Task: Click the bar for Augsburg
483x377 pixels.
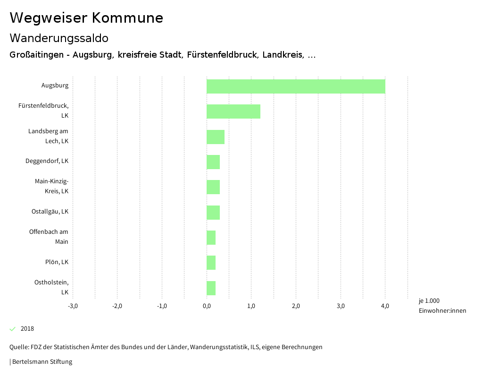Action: point(296,86)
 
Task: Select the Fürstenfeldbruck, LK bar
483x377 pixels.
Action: point(233,111)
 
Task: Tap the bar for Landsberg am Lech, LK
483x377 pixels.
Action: point(216,137)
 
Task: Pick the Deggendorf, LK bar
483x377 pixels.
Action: point(213,162)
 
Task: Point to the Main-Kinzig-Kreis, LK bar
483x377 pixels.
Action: point(213,187)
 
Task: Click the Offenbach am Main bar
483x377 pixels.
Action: point(211,238)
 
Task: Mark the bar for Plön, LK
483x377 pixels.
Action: point(211,263)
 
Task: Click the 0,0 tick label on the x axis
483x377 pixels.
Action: point(207,306)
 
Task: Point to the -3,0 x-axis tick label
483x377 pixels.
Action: point(73,306)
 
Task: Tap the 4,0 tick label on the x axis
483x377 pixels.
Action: point(385,306)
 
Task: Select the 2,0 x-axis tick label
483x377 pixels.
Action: point(296,306)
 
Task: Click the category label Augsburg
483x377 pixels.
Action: point(55,86)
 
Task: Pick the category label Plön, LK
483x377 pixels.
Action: point(57,262)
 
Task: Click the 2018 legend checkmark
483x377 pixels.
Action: point(13,329)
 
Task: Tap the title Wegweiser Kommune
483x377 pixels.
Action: point(86,18)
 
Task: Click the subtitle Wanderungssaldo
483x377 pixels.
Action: point(59,38)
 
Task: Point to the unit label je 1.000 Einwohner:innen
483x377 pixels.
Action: point(442,306)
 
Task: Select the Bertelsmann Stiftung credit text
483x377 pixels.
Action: point(42,362)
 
